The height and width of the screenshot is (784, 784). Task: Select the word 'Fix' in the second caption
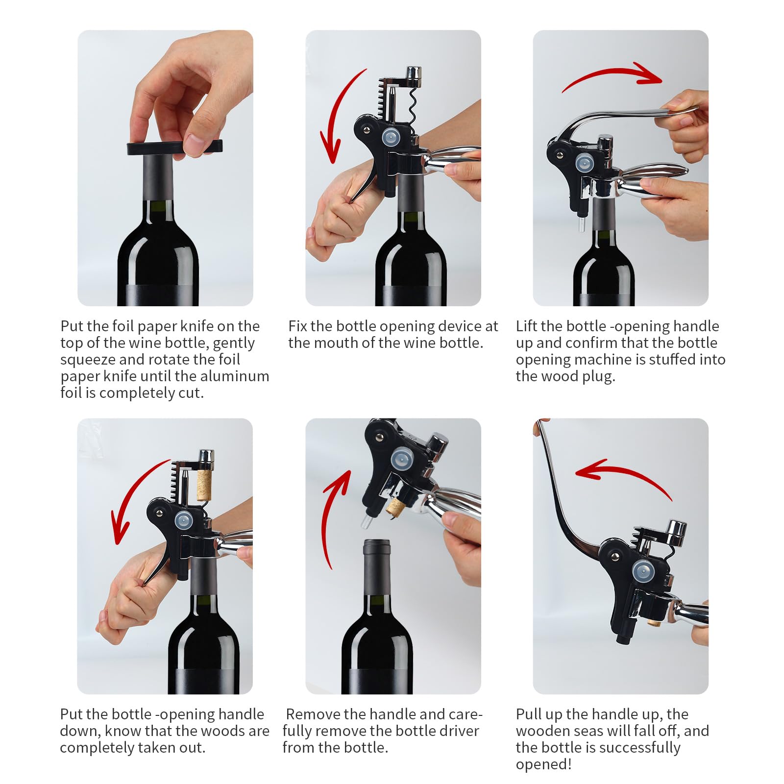point(297,326)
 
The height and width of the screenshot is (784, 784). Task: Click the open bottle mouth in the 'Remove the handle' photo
point(376,544)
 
